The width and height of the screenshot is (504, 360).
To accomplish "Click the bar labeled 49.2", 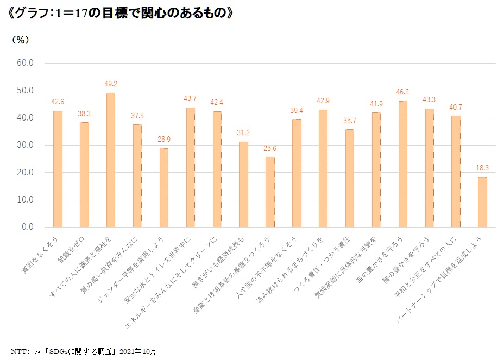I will click(110, 160).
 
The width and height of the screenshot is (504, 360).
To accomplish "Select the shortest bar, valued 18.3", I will click(482, 202).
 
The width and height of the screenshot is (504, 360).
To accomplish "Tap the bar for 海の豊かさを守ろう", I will click(402, 164).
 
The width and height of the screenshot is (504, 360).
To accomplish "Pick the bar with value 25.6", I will click(270, 192).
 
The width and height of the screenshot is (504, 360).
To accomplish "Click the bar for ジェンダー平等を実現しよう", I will click(163, 187).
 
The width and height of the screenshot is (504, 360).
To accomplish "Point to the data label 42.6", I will click(58, 102).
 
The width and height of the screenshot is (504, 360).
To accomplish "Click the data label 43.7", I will click(190, 98).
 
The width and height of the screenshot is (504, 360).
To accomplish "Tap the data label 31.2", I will click(243, 132).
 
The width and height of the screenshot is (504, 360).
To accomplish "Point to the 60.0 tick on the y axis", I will click(26, 63).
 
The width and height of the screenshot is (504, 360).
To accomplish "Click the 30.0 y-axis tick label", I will click(26, 145).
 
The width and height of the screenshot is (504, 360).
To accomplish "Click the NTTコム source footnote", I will click(84, 350).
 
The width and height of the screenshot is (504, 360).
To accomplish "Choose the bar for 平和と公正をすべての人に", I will click(456, 171).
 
